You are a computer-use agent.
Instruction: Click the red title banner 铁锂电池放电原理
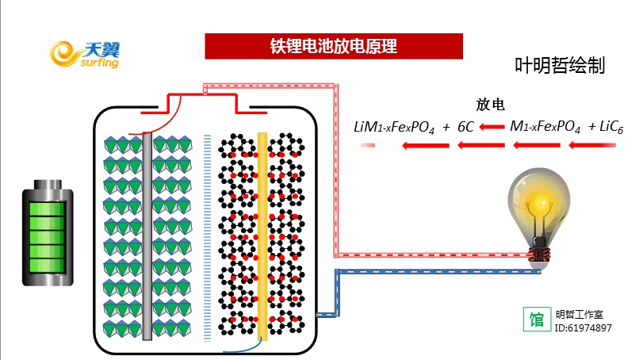tap(334, 46)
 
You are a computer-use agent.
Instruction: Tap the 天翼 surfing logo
tap(84, 54)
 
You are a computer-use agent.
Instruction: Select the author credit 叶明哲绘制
tap(560, 66)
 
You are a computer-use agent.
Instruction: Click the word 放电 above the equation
tap(490, 105)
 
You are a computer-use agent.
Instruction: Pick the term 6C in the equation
tap(465, 126)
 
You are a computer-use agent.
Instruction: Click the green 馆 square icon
tap(537, 320)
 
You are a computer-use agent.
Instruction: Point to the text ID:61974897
tap(583, 327)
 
